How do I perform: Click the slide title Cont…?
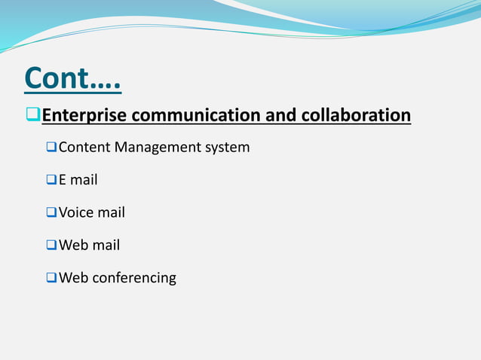[x=72, y=78]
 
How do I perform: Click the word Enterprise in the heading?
[x=85, y=116]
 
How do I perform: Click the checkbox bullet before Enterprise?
[x=32, y=116]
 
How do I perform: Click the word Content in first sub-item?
[x=84, y=148]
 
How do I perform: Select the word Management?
[x=158, y=148]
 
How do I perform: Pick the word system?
[x=228, y=148]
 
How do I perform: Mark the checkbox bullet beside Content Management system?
[x=51, y=148]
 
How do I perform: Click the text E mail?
[x=78, y=180]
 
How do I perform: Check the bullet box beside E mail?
[x=51, y=180]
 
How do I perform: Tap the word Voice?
[x=75, y=212]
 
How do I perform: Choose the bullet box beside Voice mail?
[x=51, y=212]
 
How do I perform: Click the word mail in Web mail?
[x=106, y=245]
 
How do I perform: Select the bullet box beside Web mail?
[x=51, y=245]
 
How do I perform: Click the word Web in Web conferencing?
[x=73, y=278]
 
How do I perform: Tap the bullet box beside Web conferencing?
[x=51, y=278]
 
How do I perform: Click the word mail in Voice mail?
[x=111, y=212]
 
